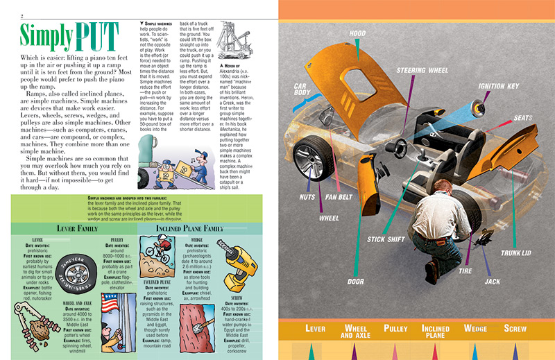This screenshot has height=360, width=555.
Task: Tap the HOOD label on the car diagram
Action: point(358,33)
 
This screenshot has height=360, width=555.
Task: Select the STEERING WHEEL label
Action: point(421,71)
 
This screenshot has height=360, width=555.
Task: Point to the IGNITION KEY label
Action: point(498,86)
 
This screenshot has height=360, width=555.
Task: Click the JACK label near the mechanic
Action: point(492,282)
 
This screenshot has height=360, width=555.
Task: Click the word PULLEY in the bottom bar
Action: point(395,328)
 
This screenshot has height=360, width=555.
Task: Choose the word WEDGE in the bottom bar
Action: point(475,328)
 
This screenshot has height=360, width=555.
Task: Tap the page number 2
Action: point(22,16)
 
